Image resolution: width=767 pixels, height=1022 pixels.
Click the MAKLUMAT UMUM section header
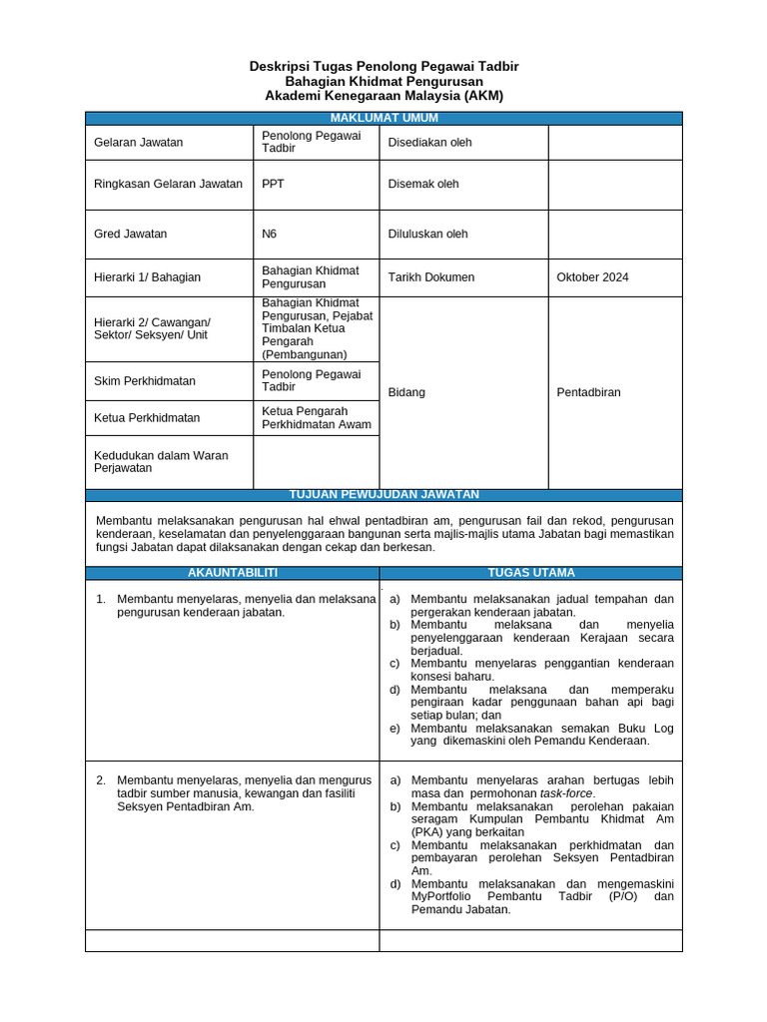[383, 118]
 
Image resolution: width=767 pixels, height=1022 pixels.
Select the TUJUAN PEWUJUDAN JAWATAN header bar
[383, 494]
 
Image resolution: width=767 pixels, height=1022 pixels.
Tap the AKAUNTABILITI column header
[232, 572]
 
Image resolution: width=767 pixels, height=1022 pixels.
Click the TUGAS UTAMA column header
[530, 572]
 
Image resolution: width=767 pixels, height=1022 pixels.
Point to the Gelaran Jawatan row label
[138, 142]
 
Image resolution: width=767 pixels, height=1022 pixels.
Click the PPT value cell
[273, 184]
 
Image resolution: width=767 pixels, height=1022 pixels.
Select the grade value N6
[270, 234]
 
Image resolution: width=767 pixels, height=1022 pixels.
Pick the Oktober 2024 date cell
[592, 277]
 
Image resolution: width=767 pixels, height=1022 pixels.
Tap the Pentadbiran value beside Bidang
[588, 392]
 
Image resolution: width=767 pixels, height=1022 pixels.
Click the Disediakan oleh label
[429, 142]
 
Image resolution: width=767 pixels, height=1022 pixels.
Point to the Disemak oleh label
[423, 184]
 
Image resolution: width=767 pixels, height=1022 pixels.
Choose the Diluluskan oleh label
[427, 234]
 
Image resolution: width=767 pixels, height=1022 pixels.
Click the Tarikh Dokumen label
[430, 277]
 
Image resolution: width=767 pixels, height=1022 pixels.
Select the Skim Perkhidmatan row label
[144, 380]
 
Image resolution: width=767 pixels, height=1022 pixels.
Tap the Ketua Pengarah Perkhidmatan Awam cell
[316, 417]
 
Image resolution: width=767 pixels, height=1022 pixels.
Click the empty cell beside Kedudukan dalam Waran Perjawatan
[316, 461]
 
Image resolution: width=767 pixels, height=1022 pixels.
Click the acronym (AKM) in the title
[483, 96]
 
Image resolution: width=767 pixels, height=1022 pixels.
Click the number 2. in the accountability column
[101, 779]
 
